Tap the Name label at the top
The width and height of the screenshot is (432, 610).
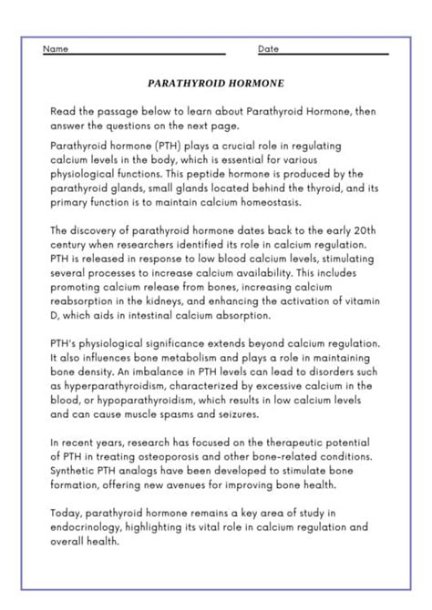[55, 48]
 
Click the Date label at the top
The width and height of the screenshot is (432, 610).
[268, 48]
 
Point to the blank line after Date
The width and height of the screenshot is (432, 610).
[337, 51]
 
